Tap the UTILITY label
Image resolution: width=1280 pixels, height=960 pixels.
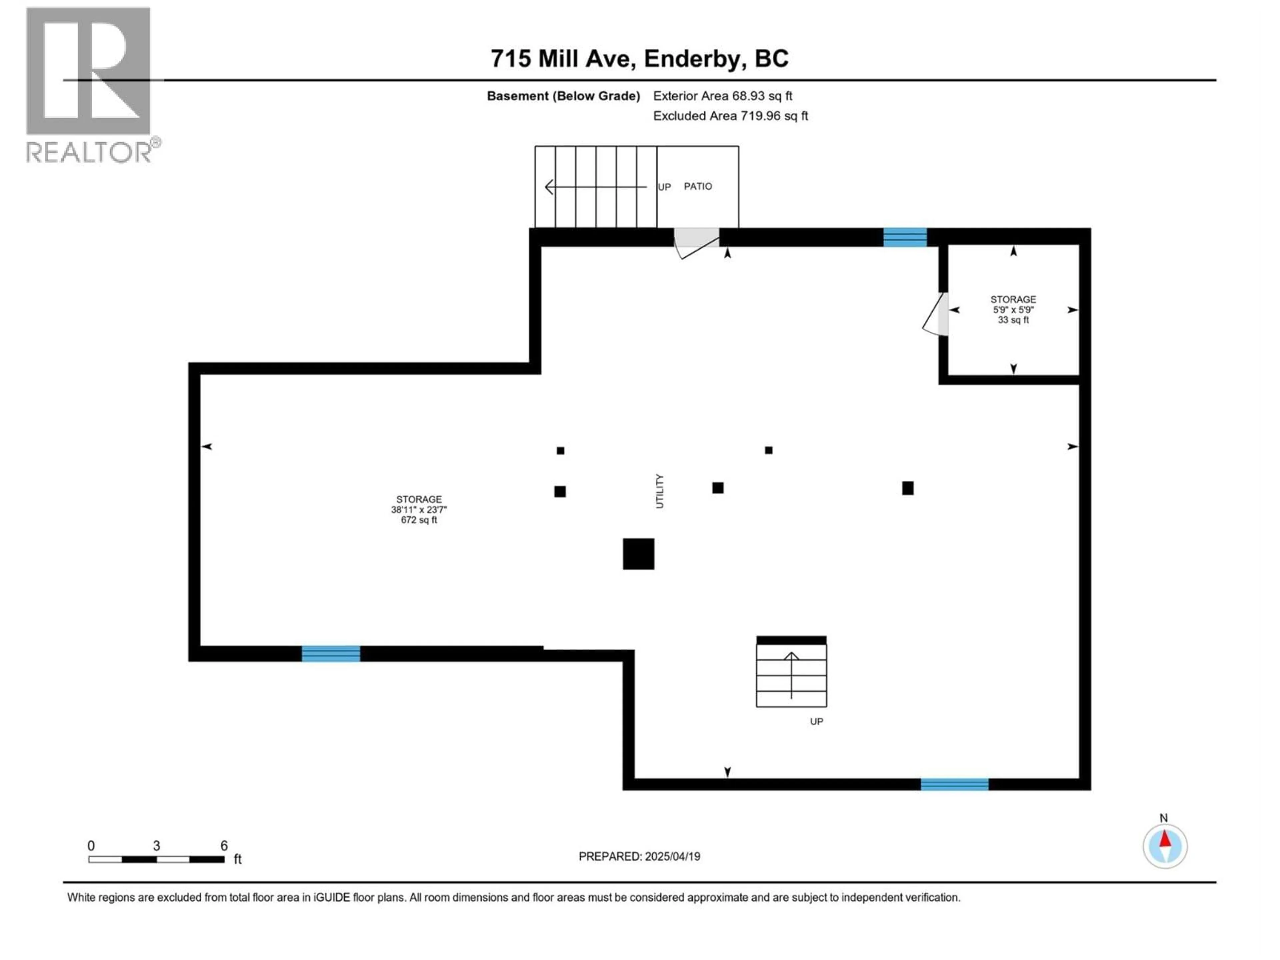(659, 491)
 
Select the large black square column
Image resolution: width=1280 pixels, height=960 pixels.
(638, 554)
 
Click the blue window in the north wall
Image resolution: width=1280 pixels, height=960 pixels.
(904, 237)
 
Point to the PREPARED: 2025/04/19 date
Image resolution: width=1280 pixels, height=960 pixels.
(639, 856)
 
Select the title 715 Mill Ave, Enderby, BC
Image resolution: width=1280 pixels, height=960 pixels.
(639, 58)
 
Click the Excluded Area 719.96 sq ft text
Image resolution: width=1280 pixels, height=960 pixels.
(730, 116)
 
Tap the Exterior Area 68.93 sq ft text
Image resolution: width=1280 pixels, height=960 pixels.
(722, 96)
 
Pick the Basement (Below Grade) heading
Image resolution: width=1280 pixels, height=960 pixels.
(563, 96)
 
